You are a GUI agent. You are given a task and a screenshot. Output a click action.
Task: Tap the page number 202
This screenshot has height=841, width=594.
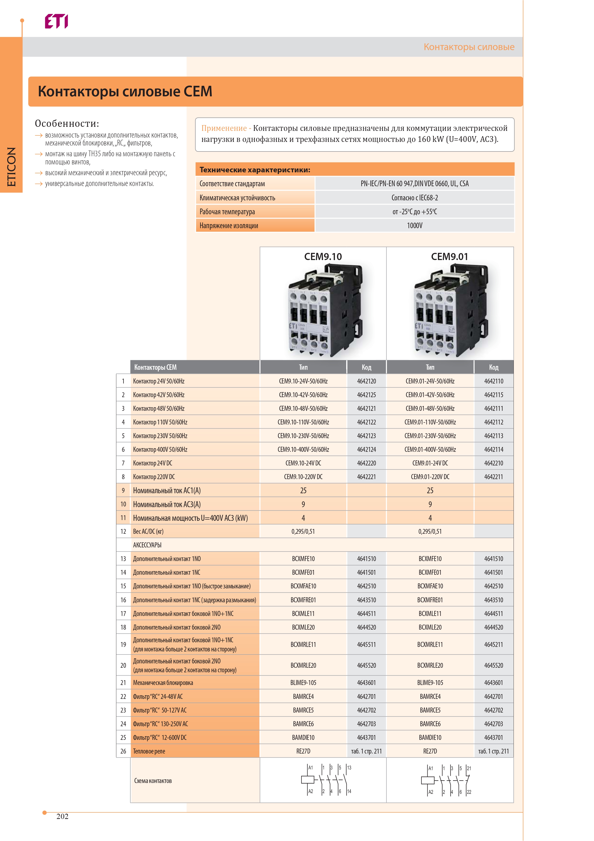coord(62,816)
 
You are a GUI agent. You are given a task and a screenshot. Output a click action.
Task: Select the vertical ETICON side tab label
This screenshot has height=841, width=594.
coord(11,167)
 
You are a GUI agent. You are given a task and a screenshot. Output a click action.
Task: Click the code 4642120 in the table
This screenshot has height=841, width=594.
coord(366,381)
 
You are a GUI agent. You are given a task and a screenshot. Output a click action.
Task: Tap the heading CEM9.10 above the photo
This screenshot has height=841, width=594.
coord(323,257)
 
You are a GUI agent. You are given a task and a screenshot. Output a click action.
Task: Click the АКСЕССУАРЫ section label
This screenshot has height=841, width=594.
coord(147,545)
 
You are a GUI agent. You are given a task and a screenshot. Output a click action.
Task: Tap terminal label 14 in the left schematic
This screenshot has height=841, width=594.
coord(349,792)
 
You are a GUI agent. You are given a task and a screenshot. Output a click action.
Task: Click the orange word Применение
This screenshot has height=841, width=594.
coord(224,128)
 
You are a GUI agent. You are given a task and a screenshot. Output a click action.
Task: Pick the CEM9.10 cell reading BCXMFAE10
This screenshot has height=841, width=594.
coord(303,586)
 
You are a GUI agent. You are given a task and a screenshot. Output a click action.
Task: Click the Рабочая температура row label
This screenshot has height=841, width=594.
coord(227,212)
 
